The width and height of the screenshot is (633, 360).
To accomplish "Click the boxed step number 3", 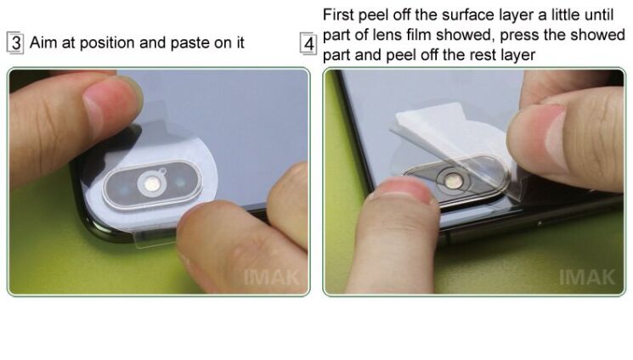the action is (15, 42).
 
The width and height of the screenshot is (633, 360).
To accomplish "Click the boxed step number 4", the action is (308, 43).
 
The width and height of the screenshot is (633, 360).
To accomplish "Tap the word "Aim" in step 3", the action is (42, 42).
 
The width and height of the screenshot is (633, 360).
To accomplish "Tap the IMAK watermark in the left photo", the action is (271, 278).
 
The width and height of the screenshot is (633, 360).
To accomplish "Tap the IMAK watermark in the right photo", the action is (587, 278).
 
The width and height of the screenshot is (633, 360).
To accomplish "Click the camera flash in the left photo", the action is (152, 184).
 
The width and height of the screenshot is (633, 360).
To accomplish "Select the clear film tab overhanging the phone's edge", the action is (155, 239).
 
